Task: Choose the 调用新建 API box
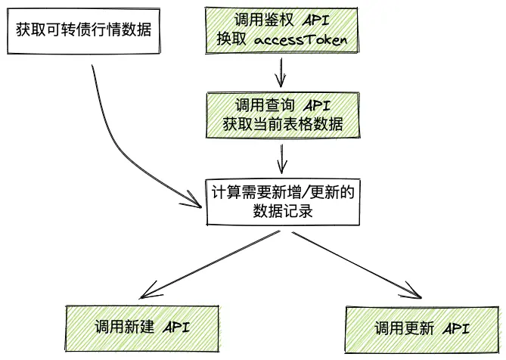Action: pos(141,327)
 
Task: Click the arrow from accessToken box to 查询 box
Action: pos(281,73)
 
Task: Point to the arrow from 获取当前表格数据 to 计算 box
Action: pos(281,158)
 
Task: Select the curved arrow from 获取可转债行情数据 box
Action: pos(121,136)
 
